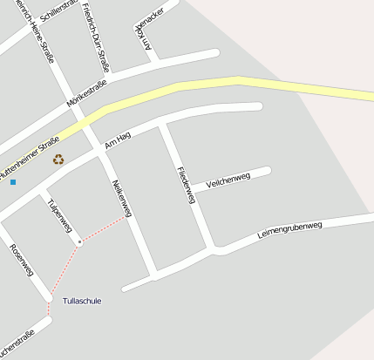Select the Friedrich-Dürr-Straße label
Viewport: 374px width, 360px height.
pos(97,36)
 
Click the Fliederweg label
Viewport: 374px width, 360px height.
pos(184,185)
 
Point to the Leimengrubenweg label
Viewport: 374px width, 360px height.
pos(290,231)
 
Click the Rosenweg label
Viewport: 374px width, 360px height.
pos(21,261)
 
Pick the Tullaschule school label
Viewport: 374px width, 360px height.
pos(82,301)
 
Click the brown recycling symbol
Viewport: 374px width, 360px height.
pos(58,159)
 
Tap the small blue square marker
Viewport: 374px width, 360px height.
pos(13,181)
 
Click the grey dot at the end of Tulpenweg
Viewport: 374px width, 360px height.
pos(78,241)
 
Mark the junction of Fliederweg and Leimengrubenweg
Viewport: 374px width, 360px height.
pos(214,251)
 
